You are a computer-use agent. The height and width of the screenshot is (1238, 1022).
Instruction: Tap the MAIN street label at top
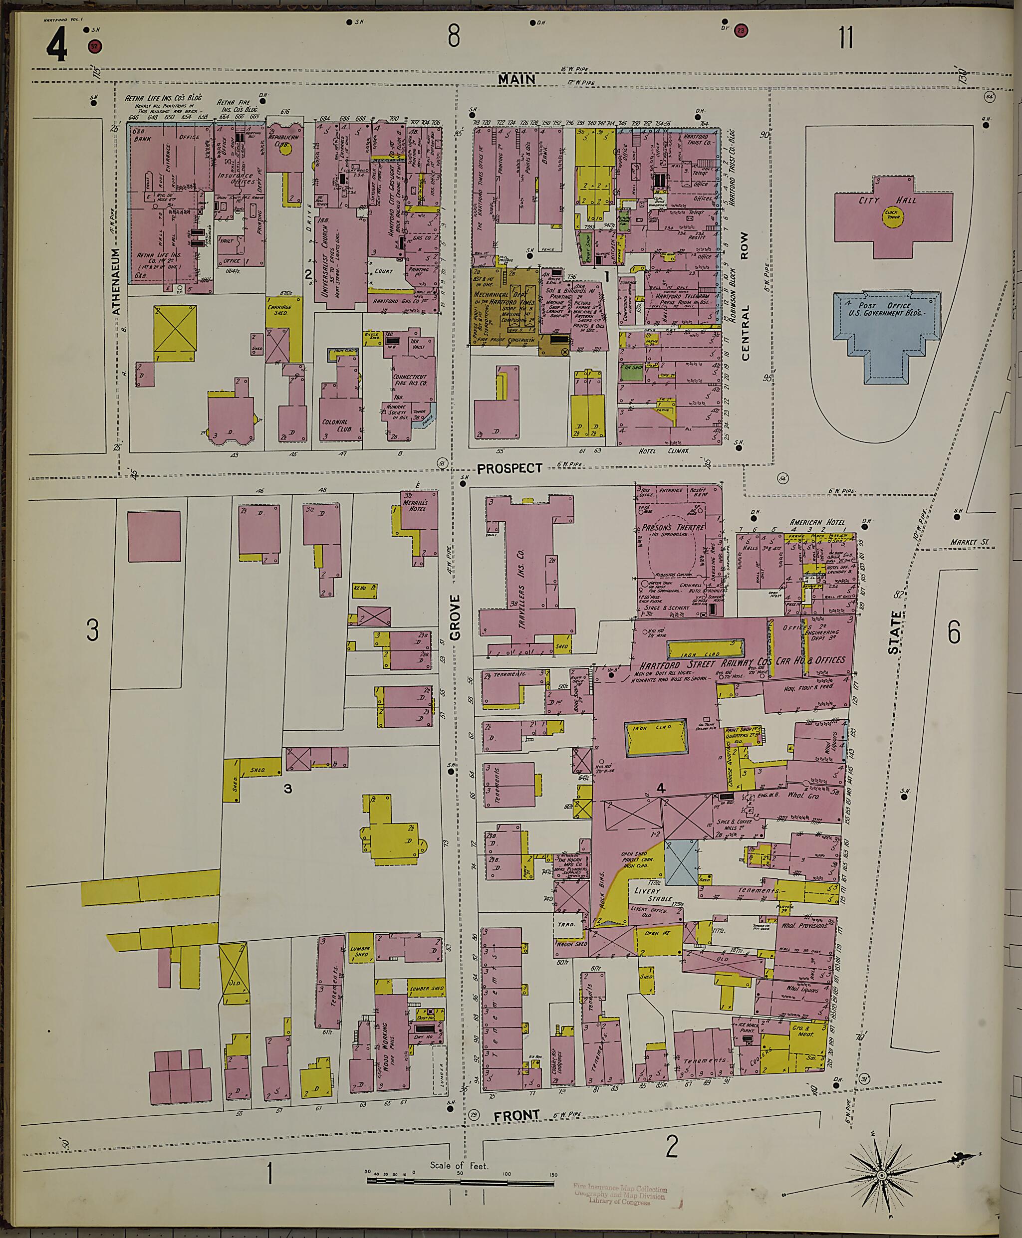[x=516, y=79]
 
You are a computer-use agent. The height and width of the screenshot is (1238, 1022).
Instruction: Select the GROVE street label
[x=455, y=617]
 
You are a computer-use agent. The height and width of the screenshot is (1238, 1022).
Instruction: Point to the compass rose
[x=881, y=1159]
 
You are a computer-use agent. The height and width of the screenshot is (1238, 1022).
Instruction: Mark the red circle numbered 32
[x=94, y=46]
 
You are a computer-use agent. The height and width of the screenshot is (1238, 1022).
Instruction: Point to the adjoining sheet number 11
[x=845, y=38]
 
